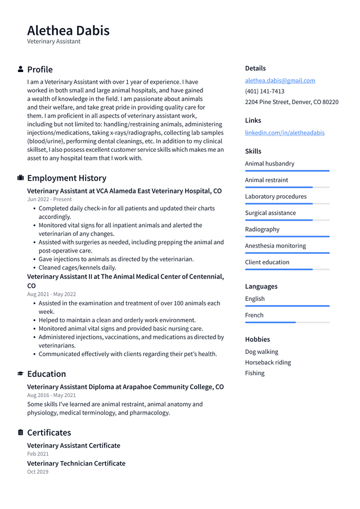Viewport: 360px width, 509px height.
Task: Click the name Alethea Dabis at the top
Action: click(68, 30)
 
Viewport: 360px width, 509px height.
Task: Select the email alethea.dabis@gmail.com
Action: click(280, 80)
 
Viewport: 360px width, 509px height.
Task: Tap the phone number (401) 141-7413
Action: click(264, 91)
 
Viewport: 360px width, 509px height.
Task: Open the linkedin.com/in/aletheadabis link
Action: click(285, 133)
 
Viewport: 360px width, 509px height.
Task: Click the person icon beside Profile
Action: click(21, 69)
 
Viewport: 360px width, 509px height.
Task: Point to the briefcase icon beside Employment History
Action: click(21, 178)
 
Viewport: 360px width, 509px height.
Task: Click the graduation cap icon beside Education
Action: click(21, 373)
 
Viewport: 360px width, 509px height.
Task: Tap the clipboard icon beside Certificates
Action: click(21, 433)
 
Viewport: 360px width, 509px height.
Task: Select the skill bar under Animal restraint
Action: click(287, 187)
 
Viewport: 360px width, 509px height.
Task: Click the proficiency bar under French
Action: click(287, 322)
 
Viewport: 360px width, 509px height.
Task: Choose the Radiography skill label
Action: click(262, 229)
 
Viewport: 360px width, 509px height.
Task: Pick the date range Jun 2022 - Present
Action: click(49, 199)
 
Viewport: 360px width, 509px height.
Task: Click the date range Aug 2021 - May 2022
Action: click(51, 294)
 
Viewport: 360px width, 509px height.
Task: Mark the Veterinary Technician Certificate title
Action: click(76, 463)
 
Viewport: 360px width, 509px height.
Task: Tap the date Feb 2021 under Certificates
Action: click(38, 454)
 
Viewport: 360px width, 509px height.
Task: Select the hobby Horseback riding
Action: click(268, 362)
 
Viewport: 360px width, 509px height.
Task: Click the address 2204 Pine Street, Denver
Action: click(291, 102)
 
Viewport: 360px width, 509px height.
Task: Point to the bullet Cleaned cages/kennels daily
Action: click(77, 268)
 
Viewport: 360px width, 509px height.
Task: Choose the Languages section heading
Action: click(261, 286)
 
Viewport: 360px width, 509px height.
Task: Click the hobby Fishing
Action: click(254, 373)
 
